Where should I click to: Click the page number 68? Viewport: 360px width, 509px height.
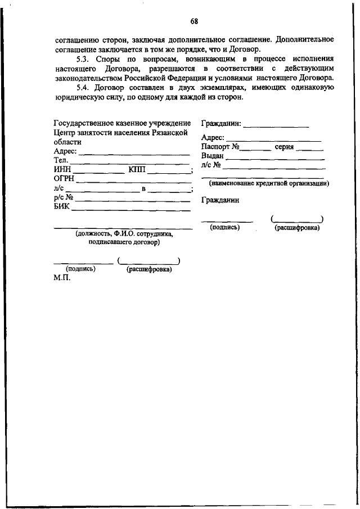[x=194, y=22]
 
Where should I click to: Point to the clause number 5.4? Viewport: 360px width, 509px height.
[x=83, y=88]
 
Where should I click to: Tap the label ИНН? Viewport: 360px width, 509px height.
[x=62, y=170]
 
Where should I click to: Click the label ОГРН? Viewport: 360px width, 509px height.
[x=64, y=179]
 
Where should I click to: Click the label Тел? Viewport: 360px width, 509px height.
[x=60, y=161]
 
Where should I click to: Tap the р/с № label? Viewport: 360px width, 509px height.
[x=64, y=197]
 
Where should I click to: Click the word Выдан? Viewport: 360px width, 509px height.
[x=212, y=156]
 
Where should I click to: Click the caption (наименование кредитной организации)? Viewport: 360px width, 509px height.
[x=269, y=183]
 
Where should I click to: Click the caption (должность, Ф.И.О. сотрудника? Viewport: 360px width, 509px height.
[x=124, y=233]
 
